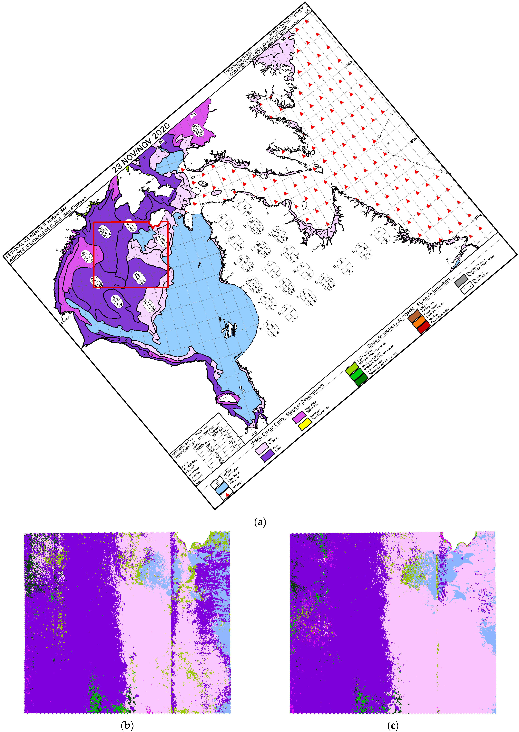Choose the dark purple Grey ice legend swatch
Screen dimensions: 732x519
268,455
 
